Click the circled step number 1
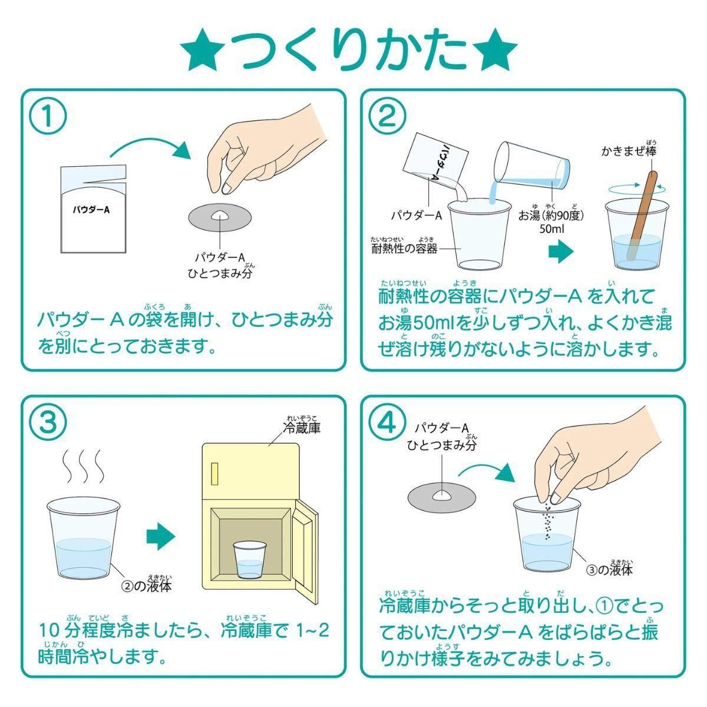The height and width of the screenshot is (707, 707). (x=48, y=116)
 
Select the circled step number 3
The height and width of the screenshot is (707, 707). (x=48, y=422)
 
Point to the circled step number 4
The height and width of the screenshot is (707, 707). (x=388, y=422)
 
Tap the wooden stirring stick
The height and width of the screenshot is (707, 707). (x=642, y=214)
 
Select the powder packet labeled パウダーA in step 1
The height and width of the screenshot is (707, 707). (x=94, y=209)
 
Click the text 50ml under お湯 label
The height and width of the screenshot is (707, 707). (x=551, y=229)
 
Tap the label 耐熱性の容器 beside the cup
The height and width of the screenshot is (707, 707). (x=404, y=249)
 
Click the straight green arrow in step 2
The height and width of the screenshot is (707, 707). (x=561, y=252)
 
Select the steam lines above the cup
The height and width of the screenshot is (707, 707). (x=83, y=466)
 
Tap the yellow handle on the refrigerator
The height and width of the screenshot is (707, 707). (x=214, y=473)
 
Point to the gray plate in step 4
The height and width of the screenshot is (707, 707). (x=441, y=497)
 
